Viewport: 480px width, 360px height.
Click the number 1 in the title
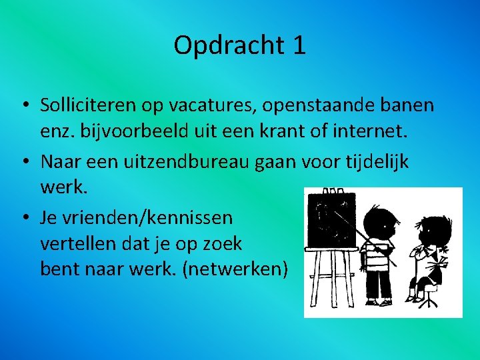299,46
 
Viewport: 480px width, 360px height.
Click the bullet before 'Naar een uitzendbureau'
24,162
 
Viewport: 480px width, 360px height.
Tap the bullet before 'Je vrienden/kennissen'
24,218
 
